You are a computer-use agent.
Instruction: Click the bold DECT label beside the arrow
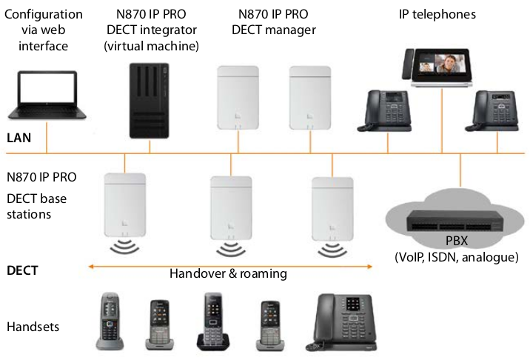pos(22,271)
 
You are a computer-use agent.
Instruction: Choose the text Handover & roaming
pos(228,273)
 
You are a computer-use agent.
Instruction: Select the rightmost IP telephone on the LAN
pos(492,110)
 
